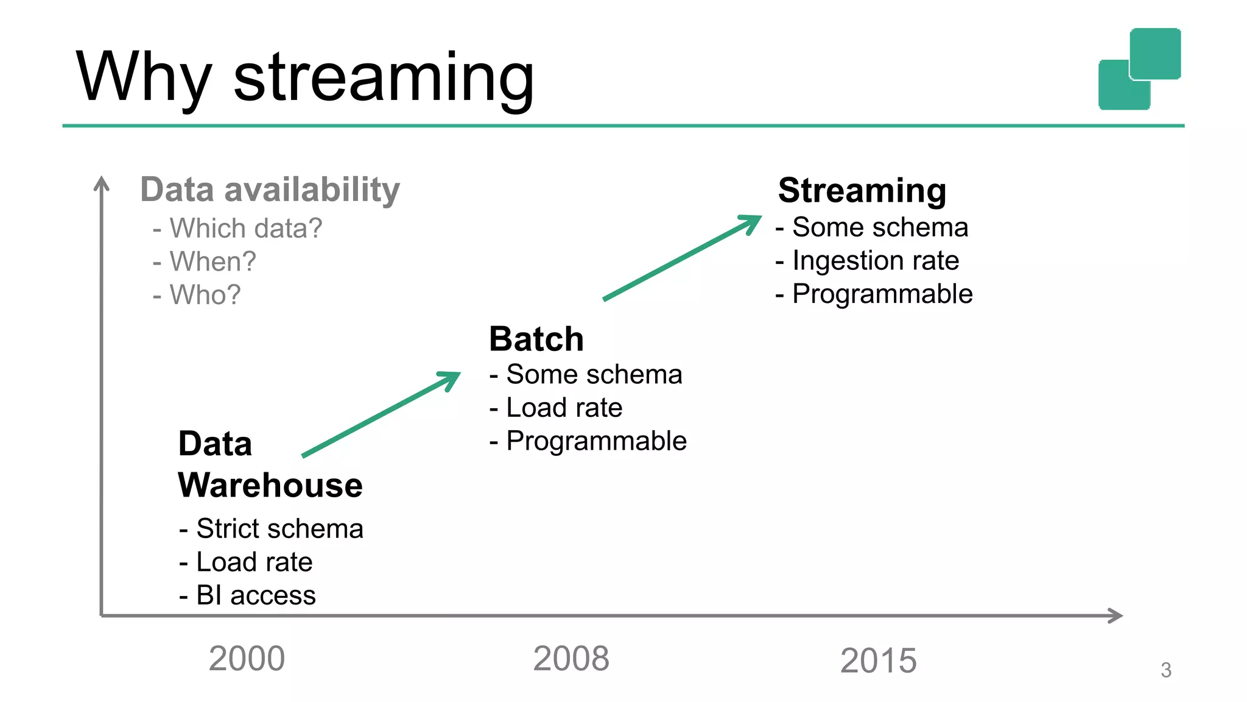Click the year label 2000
(247, 659)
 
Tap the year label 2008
(571, 659)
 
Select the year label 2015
(878, 661)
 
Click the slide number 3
(1165, 670)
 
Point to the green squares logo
(1139, 69)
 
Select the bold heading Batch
(536, 339)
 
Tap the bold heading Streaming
(862, 191)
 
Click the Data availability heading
(270, 190)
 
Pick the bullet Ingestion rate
(875, 261)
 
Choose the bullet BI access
(256, 595)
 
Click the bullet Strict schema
(279, 528)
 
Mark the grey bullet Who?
(205, 295)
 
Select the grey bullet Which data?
(245, 229)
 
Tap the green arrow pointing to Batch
(381, 414)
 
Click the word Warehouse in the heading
(270, 486)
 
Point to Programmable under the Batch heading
(595, 441)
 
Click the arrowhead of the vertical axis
(102, 183)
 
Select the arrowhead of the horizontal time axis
(1115, 615)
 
